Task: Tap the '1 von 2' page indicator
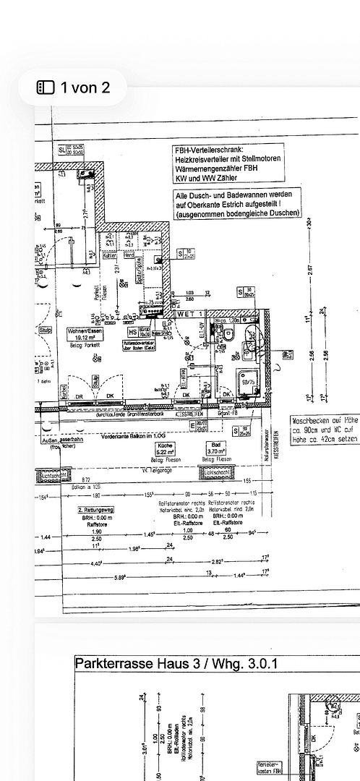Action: (x=74, y=88)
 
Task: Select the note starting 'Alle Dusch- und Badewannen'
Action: (x=237, y=205)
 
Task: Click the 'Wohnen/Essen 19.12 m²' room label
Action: (x=82, y=334)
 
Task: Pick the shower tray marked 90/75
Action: (x=247, y=383)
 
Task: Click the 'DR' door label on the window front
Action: (x=79, y=396)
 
